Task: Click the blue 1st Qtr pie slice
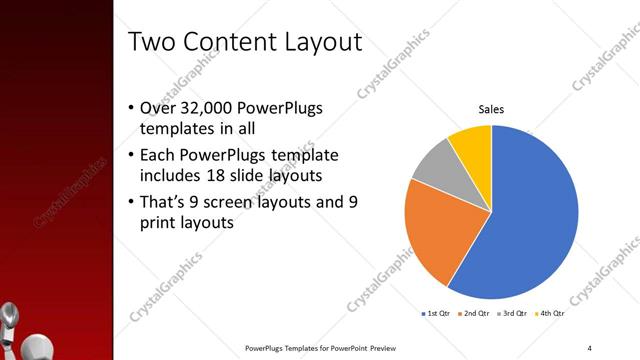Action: (530, 215)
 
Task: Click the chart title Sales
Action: (490, 109)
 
